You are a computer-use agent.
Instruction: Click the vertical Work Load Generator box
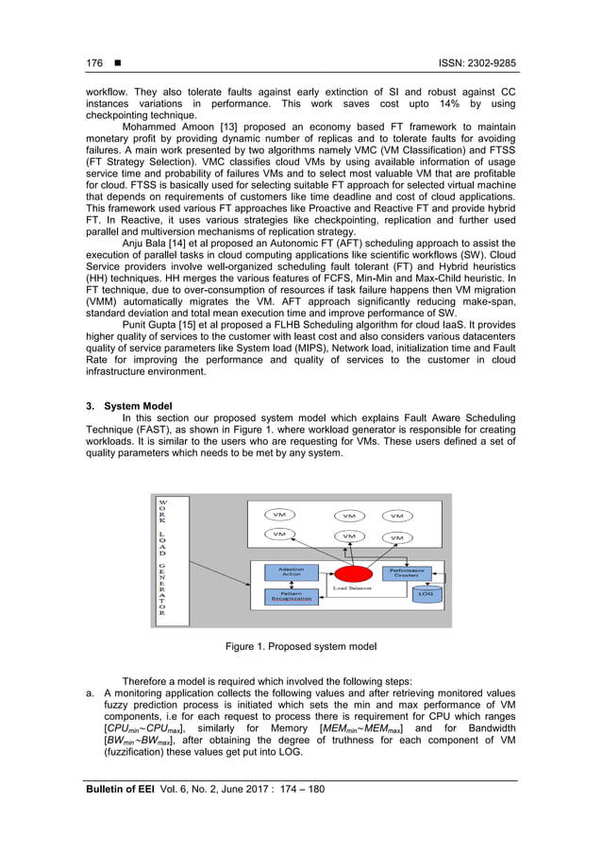click(x=162, y=559)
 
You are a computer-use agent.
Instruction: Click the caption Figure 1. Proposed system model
click(x=301, y=646)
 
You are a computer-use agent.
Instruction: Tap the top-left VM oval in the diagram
click(x=277, y=515)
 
